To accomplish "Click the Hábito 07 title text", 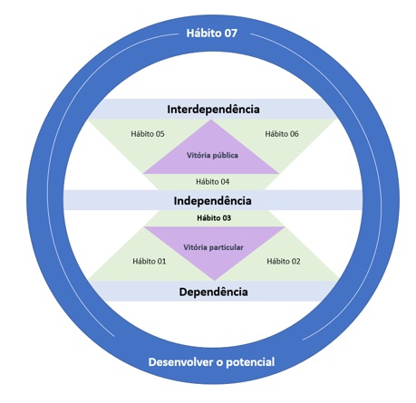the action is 212,33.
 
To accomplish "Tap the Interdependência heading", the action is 213,109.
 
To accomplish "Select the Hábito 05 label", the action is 148,134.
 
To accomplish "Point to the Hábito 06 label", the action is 282,134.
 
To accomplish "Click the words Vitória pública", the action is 212,155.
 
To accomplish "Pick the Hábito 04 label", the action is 212,181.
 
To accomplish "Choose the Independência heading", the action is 212,201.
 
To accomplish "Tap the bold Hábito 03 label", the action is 214,218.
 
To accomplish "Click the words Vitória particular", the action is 213,247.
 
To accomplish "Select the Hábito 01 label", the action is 150,261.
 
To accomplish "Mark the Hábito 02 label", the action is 284,261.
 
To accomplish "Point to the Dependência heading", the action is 214,292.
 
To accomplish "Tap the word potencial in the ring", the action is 250,362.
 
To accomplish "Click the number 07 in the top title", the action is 230,33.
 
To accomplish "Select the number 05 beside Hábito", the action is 160,134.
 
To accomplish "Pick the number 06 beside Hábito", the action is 294,134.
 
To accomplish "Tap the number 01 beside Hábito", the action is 161,261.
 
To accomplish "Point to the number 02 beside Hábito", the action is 295,261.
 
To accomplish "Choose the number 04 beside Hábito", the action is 225,181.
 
